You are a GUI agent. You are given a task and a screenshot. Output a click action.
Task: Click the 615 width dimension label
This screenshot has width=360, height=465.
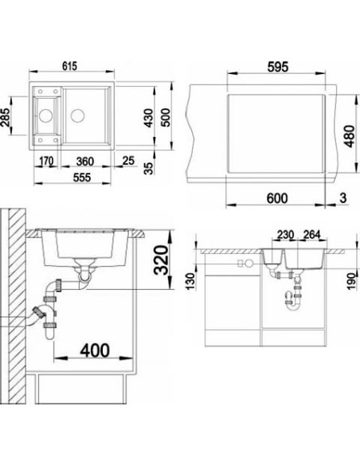click(69, 66)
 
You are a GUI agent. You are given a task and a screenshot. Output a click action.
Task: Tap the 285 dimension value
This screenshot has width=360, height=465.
click(6, 117)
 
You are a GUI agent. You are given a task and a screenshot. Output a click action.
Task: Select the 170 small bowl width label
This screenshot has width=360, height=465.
click(46, 161)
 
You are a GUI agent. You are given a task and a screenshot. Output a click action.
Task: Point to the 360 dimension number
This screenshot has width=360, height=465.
click(85, 162)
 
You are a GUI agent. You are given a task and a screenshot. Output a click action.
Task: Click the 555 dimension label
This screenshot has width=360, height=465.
click(82, 178)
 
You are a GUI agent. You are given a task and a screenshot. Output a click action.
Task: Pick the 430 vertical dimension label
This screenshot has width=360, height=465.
click(148, 118)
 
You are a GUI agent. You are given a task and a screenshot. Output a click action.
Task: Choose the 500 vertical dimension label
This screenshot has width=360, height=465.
click(166, 117)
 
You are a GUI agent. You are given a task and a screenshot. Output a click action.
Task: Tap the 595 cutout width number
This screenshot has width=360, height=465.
click(278, 67)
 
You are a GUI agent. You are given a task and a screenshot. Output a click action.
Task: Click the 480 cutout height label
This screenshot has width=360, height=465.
click(350, 136)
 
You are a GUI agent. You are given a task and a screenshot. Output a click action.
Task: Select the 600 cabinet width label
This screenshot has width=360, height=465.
click(277, 198)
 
